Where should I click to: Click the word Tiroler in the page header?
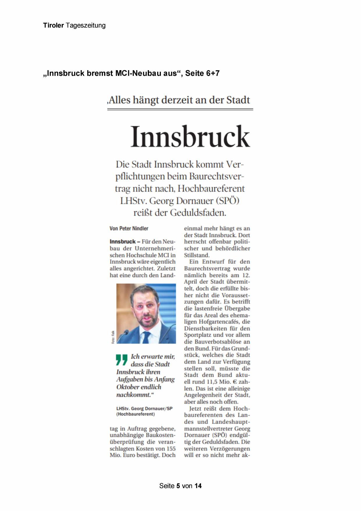[x=53, y=25]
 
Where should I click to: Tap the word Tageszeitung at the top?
[x=86, y=26]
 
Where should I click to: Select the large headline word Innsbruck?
[x=190, y=136]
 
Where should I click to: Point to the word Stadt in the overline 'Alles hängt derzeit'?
[x=238, y=100]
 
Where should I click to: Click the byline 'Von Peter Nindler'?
[x=129, y=229]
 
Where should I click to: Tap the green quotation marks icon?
[x=122, y=360]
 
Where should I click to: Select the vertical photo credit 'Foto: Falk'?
[x=113, y=337]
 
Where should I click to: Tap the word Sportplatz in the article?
[x=198, y=335]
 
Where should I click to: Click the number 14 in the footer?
[x=198, y=486]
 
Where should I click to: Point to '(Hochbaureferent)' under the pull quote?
[x=136, y=414]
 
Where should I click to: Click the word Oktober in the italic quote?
[x=130, y=387]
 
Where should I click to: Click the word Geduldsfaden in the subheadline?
[x=198, y=213]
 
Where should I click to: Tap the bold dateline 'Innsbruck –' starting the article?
[x=125, y=242]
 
